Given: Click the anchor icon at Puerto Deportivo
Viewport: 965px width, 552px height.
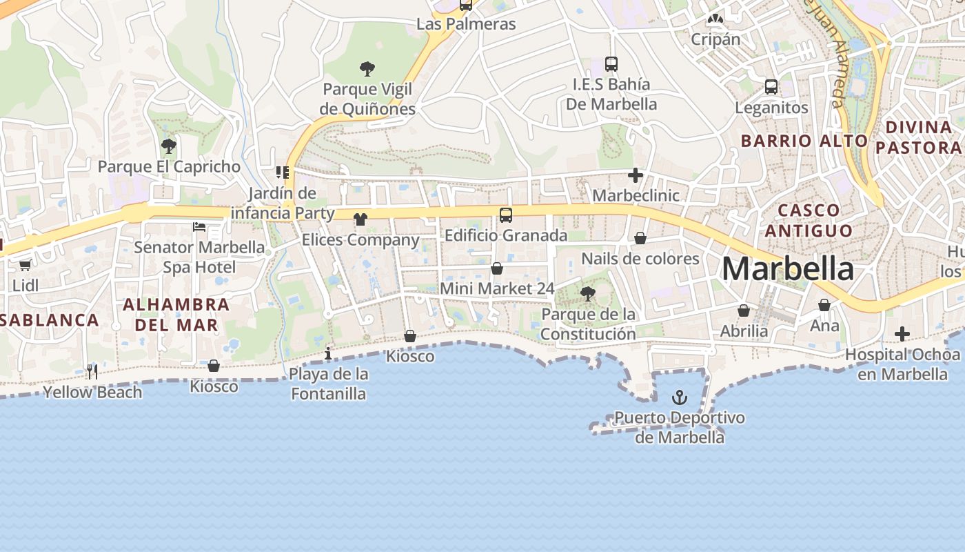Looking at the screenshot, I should tap(680, 397).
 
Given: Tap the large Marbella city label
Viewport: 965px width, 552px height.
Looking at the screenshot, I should tap(787, 268).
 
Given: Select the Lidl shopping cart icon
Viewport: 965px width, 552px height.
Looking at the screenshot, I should tap(26, 265).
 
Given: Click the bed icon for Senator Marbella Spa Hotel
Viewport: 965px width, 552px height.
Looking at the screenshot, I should tap(199, 226).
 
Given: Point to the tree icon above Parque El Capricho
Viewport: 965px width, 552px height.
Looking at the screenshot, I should tap(168, 146).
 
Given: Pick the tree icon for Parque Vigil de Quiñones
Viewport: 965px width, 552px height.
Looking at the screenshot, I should tap(367, 69).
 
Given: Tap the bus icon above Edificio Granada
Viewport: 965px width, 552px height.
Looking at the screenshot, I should tap(506, 215).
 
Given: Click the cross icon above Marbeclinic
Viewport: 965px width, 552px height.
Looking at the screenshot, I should tap(636, 175).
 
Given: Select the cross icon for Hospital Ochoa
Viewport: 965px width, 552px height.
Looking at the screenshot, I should tap(902, 335).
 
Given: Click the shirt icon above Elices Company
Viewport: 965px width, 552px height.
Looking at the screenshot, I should tap(360, 219).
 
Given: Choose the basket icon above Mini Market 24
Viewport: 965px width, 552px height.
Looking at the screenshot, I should tap(497, 268).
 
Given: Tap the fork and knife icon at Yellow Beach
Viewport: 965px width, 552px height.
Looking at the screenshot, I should tap(92, 372).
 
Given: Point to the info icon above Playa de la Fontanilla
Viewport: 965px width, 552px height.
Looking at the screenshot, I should tap(327, 354).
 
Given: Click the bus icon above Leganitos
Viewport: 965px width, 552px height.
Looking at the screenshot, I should tap(771, 87).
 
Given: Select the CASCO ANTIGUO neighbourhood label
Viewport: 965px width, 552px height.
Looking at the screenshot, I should tap(809, 220).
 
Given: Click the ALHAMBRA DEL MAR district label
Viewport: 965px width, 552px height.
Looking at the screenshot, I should tap(176, 314).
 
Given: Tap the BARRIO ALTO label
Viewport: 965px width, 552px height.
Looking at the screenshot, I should tap(804, 141).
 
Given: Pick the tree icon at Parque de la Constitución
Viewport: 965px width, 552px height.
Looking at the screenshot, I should tap(588, 294).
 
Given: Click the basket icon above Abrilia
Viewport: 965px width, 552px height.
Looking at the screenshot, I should tap(743, 311).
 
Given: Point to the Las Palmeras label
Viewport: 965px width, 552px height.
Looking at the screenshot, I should tap(466, 24).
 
